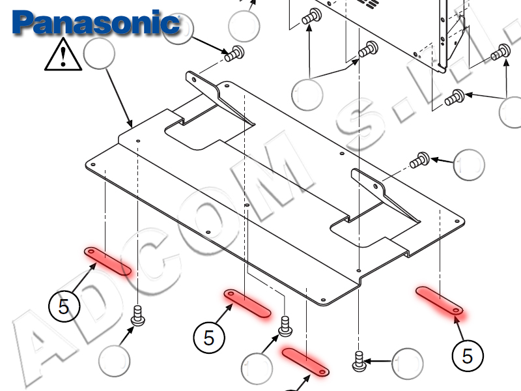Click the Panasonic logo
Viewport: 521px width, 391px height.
click(96, 23)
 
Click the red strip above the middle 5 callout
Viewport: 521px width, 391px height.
click(247, 304)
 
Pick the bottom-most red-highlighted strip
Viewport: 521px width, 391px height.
click(306, 361)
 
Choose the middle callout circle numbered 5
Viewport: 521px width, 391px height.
click(209, 338)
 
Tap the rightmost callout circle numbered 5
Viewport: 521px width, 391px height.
click(467, 355)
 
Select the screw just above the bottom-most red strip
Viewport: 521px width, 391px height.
click(285, 324)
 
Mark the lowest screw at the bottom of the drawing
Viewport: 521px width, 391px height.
click(359, 360)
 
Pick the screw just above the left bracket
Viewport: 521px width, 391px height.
click(234, 54)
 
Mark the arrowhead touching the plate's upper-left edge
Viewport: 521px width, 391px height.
click(130, 124)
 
